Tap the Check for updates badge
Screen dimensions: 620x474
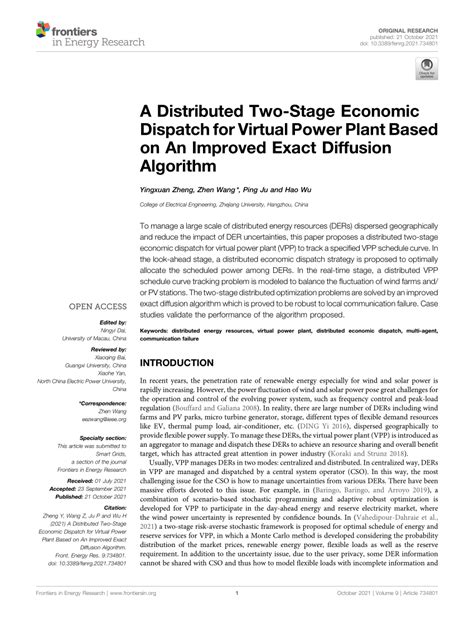coord(428,72)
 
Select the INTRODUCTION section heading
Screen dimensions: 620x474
coord(186,365)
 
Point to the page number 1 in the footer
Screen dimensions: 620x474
coord(236,606)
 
